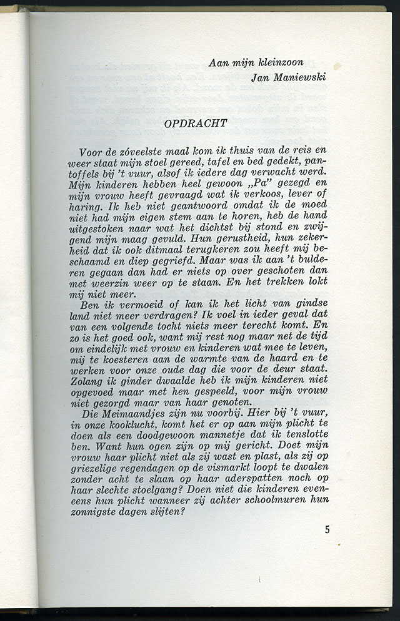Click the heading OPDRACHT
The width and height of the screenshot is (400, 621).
196,123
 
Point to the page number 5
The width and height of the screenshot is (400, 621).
327,530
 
